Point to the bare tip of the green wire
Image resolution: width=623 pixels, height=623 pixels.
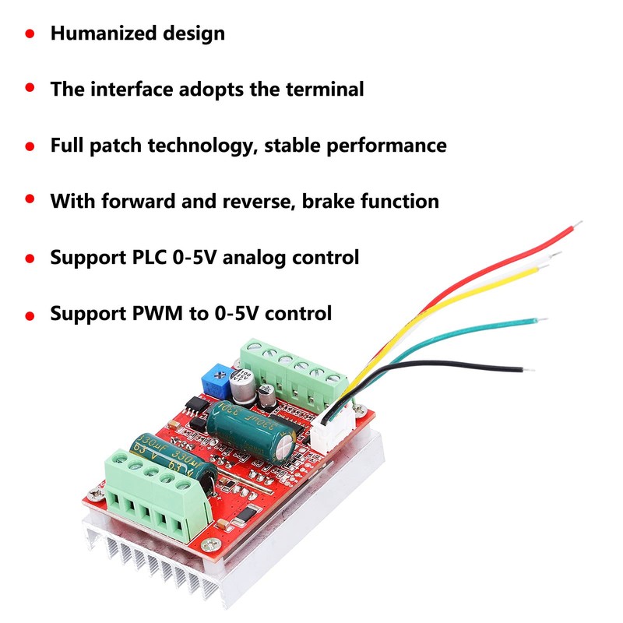coord(540,319)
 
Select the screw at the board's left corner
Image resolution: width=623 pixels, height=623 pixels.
coord(95,491)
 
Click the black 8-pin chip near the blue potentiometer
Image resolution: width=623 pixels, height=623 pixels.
coord(195,405)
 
